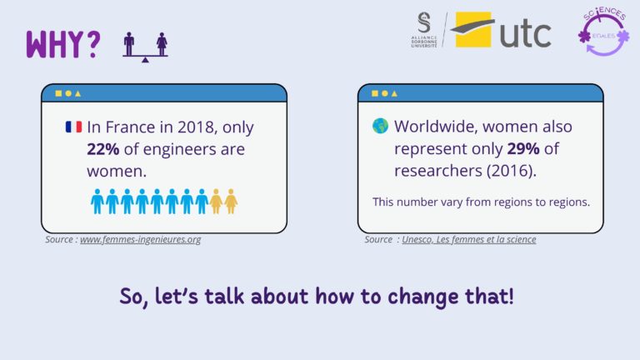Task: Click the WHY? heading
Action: pyautogui.click(x=63, y=44)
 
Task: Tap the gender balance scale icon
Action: pyautogui.click(x=145, y=47)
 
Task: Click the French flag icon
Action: pyautogui.click(x=74, y=127)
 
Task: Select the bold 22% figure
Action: pyautogui.click(x=102, y=149)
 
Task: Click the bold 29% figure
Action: pyautogui.click(x=523, y=148)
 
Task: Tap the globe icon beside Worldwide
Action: pyautogui.click(x=380, y=126)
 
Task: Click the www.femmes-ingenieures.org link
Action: pyautogui.click(x=140, y=239)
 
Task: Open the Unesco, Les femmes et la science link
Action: pyautogui.click(x=469, y=239)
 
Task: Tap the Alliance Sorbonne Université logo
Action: pyautogui.click(x=424, y=30)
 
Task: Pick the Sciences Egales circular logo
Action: pyautogui.click(x=604, y=32)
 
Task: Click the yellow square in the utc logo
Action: pyautogui.click(x=473, y=29)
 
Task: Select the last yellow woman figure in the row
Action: pyautogui.click(x=231, y=201)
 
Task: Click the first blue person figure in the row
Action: pyautogui.click(x=97, y=201)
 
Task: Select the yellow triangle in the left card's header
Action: pyautogui.click(x=78, y=93)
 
